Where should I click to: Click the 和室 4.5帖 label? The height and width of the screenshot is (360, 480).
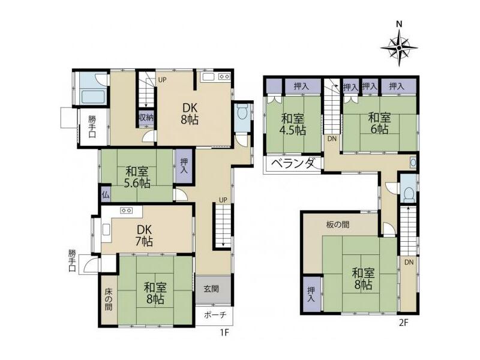294,124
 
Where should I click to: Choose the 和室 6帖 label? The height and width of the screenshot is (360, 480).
379,123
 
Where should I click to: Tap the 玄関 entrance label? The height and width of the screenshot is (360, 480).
211,289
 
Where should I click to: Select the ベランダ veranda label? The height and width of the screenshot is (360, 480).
292,163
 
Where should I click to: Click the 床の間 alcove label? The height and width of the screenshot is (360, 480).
109,298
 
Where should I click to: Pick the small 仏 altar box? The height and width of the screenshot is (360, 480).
106,194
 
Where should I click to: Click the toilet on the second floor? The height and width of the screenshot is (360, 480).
407,193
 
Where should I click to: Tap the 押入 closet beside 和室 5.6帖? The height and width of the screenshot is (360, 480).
184,166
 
